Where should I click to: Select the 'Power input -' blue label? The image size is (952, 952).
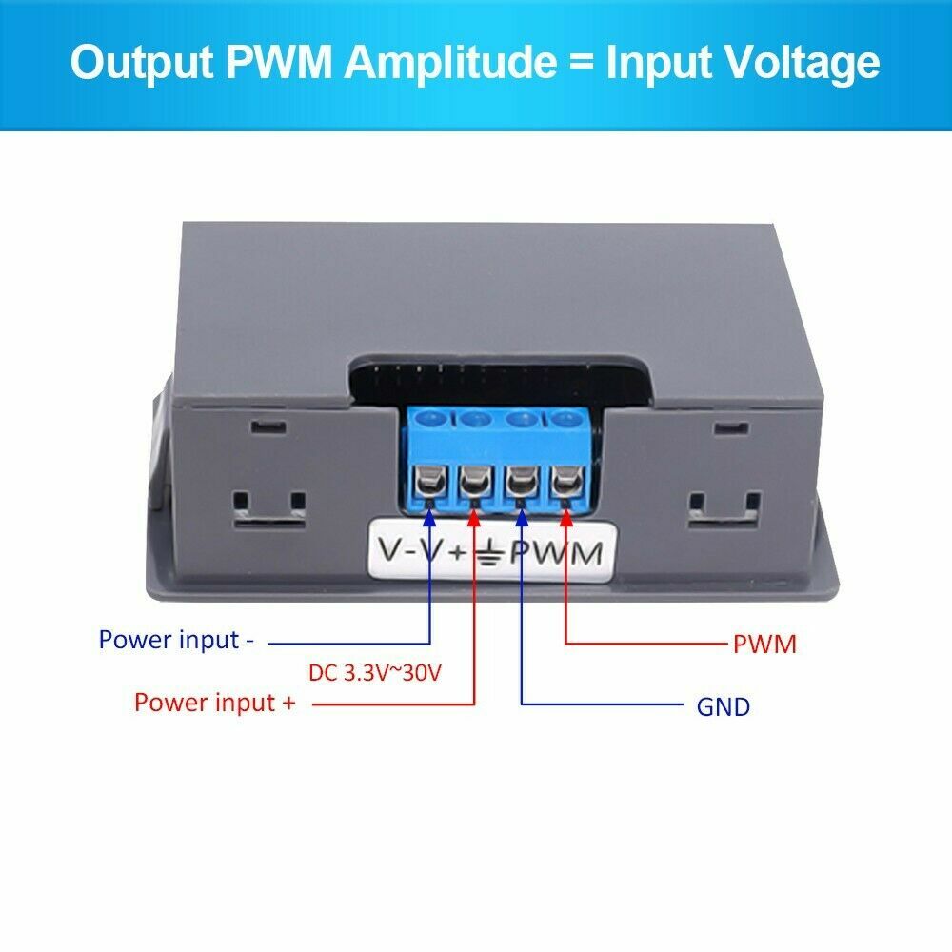coord(176,640)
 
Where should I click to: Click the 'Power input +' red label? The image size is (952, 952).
coord(214,703)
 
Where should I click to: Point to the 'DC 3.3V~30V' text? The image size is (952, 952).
coord(375,673)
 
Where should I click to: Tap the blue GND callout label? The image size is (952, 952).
coord(724,706)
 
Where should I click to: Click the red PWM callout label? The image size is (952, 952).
coord(764,645)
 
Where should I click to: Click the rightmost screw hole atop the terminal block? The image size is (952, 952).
coord(565,417)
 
